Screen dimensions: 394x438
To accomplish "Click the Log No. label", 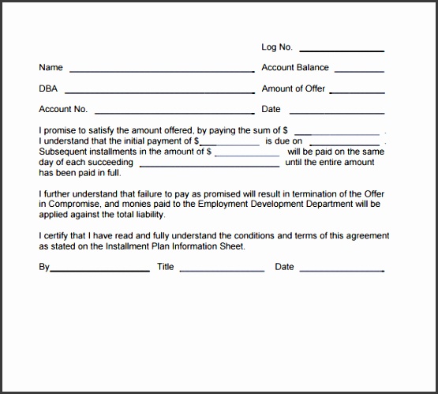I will tap(276, 47).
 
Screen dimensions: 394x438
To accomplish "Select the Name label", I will tap(51, 68).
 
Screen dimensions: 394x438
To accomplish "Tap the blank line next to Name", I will tap(161, 71).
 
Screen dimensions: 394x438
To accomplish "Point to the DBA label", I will tap(48, 88).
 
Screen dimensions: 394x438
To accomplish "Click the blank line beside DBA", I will tap(161, 92).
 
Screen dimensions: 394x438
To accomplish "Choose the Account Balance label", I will tap(295, 68).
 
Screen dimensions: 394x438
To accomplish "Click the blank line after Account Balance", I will tap(359, 71).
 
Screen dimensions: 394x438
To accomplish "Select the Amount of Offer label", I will tap(293, 88).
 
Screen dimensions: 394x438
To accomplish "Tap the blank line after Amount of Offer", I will tap(357, 92).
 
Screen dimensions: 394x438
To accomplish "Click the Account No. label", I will tap(63, 109).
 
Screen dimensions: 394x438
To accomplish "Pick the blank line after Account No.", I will tap(174, 112).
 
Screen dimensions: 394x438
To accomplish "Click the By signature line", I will tap(99, 270).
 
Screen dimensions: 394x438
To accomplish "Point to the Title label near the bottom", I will tap(165, 267).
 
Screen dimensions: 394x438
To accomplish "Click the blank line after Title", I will tap(223, 270).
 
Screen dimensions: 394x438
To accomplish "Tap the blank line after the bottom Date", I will tap(342, 270).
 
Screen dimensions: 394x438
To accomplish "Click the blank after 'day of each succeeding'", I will tap(208, 165).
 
